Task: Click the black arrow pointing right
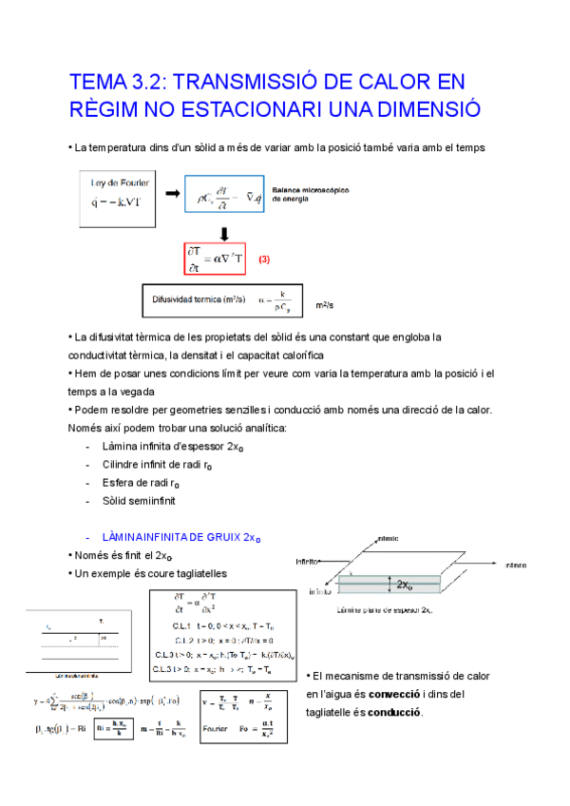pyautogui.click(x=173, y=195)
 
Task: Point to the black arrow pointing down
pyautogui.click(x=224, y=234)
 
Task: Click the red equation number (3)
pyautogui.click(x=265, y=258)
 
